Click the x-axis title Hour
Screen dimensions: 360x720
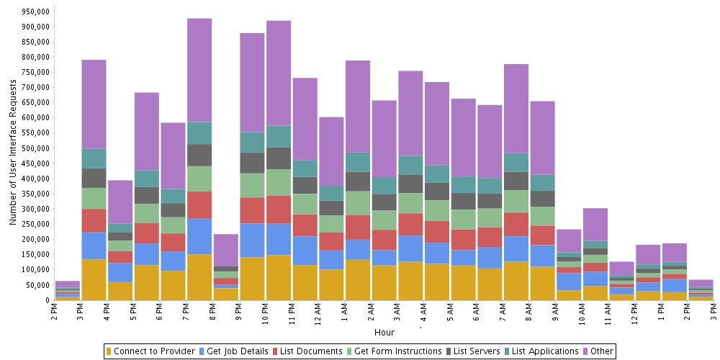tap(384, 333)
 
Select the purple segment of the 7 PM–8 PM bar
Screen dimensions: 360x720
tap(199, 71)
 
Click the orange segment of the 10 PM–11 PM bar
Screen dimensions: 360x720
tap(279, 277)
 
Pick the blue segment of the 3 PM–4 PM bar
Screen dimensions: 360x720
tap(94, 246)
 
